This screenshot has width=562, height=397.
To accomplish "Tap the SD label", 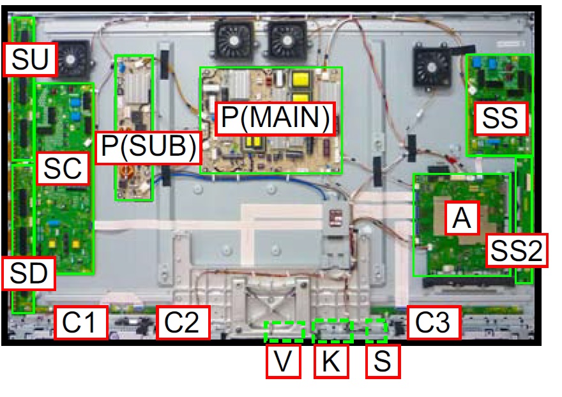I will click(x=29, y=274).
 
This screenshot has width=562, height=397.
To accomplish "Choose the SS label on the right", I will click(x=501, y=118).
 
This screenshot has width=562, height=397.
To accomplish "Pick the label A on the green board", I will click(x=461, y=219).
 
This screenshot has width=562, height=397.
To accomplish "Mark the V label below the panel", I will click(x=283, y=362).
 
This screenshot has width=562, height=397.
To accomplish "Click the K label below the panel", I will click(x=331, y=362).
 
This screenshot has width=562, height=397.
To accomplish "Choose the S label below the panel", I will click(x=382, y=362).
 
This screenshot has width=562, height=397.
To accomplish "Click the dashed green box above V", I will click(x=284, y=331).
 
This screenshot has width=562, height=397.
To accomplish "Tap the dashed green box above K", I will click(x=332, y=330).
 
